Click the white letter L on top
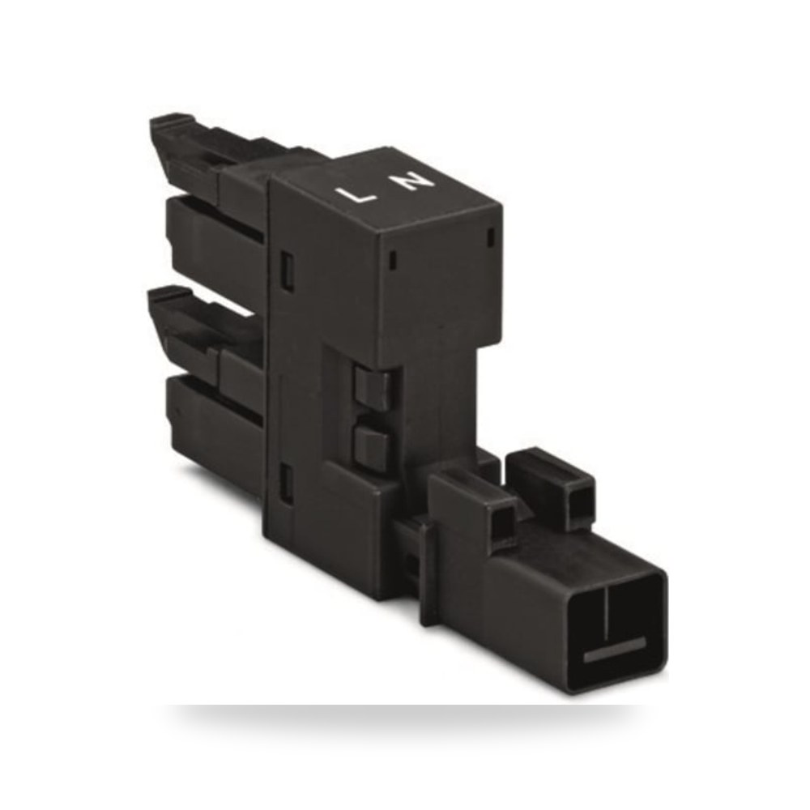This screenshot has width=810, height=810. [x=355, y=196]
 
